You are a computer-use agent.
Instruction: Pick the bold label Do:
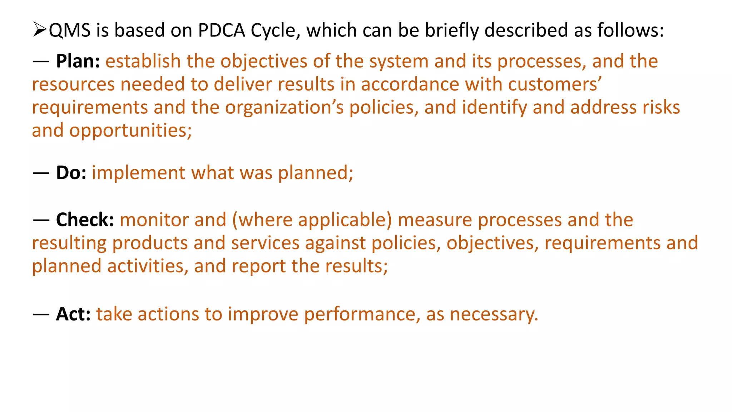(71, 173)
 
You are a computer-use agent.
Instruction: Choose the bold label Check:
(85, 220)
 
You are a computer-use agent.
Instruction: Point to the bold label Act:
(73, 314)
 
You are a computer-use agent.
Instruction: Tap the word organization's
(284, 108)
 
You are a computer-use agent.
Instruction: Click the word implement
(138, 173)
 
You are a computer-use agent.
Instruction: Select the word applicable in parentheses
(345, 220)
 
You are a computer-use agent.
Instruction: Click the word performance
(360, 314)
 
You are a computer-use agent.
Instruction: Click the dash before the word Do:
(41, 173)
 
